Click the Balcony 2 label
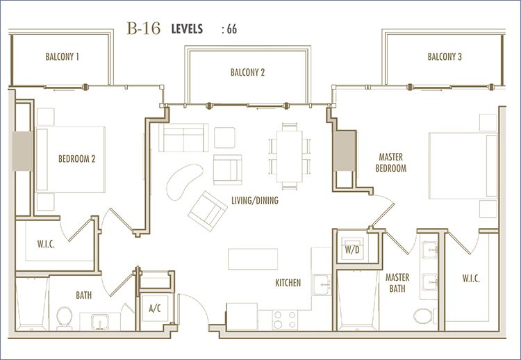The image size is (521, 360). (x=247, y=72)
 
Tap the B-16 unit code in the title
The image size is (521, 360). (x=144, y=28)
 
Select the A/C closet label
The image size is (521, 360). (x=155, y=309)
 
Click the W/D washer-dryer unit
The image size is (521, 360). (x=352, y=249)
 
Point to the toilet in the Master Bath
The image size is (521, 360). (x=424, y=316)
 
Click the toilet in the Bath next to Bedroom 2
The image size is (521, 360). (x=65, y=318)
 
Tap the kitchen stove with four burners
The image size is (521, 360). (x=285, y=320)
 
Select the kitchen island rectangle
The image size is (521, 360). (x=253, y=259)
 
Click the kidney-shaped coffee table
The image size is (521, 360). (x=184, y=182)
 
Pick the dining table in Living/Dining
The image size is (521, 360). (x=289, y=156)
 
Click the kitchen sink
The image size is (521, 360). (x=322, y=284)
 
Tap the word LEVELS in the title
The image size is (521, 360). (x=187, y=29)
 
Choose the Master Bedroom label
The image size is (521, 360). (x=390, y=163)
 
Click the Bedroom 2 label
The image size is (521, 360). (x=76, y=159)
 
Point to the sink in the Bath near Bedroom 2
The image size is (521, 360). (x=99, y=322)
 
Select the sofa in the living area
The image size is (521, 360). (x=183, y=138)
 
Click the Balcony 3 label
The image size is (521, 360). (x=445, y=56)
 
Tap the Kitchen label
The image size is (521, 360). (x=288, y=283)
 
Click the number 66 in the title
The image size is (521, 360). (x=232, y=29)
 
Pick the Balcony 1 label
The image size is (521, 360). (x=62, y=56)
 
